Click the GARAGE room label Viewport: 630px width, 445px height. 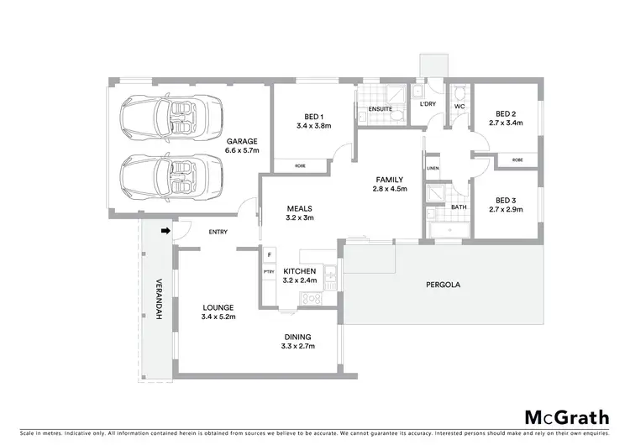click(242, 146)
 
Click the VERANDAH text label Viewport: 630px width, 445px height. click(157, 299)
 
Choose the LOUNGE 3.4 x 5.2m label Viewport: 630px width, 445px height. click(218, 312)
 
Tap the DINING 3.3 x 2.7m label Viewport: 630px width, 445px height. click(300, 340)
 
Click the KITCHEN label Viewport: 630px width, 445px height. click(299, 276)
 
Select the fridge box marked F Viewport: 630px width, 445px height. click(270, 254)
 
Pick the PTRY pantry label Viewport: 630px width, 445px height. click(270, 272)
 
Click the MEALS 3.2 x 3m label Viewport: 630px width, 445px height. click(300, 213)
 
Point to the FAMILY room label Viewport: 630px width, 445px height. click(390, 184)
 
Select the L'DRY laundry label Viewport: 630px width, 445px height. click(428, 103)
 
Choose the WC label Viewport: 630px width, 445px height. click(459, 107)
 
